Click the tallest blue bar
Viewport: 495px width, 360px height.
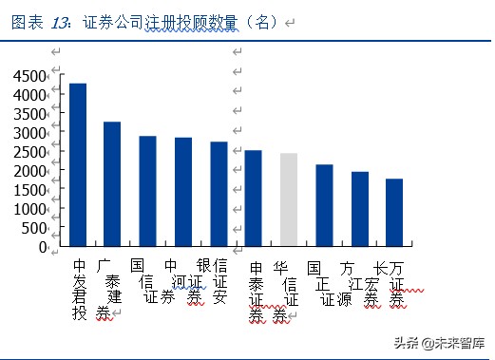click(78, 164)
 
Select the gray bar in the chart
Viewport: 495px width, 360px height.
click(288, 199)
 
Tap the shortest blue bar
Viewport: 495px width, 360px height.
click(393, 212)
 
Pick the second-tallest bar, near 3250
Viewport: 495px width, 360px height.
click(112, 183)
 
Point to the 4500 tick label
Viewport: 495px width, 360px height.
click(29, 76)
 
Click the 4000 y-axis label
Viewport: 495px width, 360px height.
click(29, 95)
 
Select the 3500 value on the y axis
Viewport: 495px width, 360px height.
click(29, 114)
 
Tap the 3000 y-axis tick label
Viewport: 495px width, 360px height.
click(29, 133)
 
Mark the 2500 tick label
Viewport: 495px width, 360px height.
click(29, 152)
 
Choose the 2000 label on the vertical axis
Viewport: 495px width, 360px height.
click(29, 171)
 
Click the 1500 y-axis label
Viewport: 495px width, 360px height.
click(29, 190)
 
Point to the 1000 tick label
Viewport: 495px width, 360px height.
click(29, 209)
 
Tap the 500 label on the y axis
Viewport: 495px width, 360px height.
click(34, 228)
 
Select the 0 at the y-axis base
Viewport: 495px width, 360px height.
click(43, 247)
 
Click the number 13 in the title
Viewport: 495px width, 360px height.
click(59, 21)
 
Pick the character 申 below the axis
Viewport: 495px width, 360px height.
click(256, 269)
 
